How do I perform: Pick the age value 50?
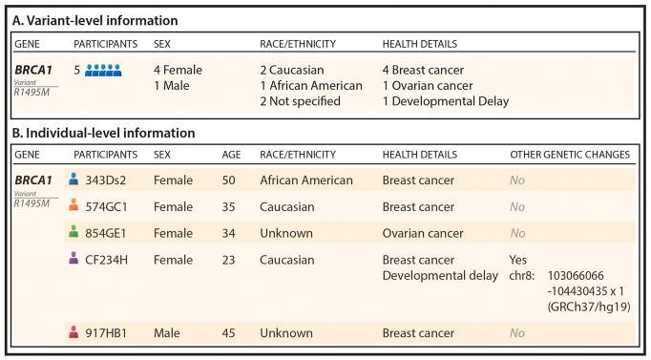(x=227, y=179)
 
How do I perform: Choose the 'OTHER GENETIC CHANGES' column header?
(x=570, y=155)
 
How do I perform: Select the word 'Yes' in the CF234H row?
(x=521, y=258)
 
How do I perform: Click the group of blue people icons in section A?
(x=102, y=70)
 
